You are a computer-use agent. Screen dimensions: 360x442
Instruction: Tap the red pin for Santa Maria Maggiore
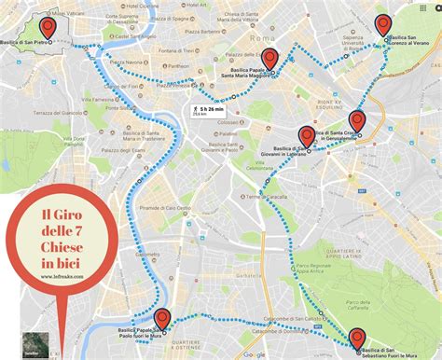[269, 59]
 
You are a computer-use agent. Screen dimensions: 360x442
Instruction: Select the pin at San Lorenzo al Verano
[383, 25]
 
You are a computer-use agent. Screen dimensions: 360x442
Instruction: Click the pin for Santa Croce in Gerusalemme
[357, 120]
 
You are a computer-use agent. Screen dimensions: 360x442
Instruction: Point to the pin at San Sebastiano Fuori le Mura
[356, 338]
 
